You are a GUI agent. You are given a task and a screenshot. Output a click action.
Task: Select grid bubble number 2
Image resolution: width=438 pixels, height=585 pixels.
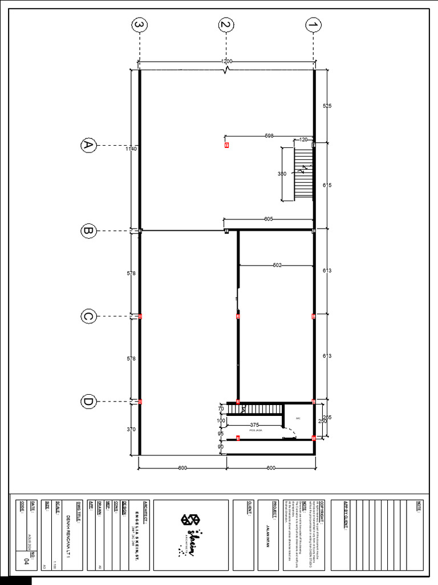pos(226,25)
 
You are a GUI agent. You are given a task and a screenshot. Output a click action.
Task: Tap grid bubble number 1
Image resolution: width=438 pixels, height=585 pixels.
pos(313,25)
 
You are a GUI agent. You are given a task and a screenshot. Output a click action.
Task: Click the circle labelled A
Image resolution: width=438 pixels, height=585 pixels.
pos(88,146)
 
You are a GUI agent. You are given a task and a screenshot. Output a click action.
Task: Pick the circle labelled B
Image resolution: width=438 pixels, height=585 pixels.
pos(88,231)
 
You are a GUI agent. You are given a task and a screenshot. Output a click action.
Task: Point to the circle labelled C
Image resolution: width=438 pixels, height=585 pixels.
pos(88,316)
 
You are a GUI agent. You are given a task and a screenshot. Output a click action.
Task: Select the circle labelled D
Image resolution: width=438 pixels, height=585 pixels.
pos(88,402)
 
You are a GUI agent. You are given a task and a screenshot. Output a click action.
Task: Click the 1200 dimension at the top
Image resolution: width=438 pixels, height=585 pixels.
pos(227,62)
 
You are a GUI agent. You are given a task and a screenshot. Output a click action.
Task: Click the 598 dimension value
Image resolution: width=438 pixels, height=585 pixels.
pos(269,136)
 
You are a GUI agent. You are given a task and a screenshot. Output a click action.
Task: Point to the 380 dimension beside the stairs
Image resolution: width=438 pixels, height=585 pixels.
pos(282,174)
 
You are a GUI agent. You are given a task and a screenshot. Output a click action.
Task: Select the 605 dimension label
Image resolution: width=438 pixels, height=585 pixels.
pos(269,219)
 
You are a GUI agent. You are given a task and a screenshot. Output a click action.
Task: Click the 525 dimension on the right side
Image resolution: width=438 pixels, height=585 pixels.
pos(327,106)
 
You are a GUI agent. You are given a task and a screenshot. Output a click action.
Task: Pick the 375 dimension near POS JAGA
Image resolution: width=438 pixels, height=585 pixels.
pos(254,424)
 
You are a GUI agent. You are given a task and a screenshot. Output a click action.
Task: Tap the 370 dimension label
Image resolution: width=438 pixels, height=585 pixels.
pos(132,428)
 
